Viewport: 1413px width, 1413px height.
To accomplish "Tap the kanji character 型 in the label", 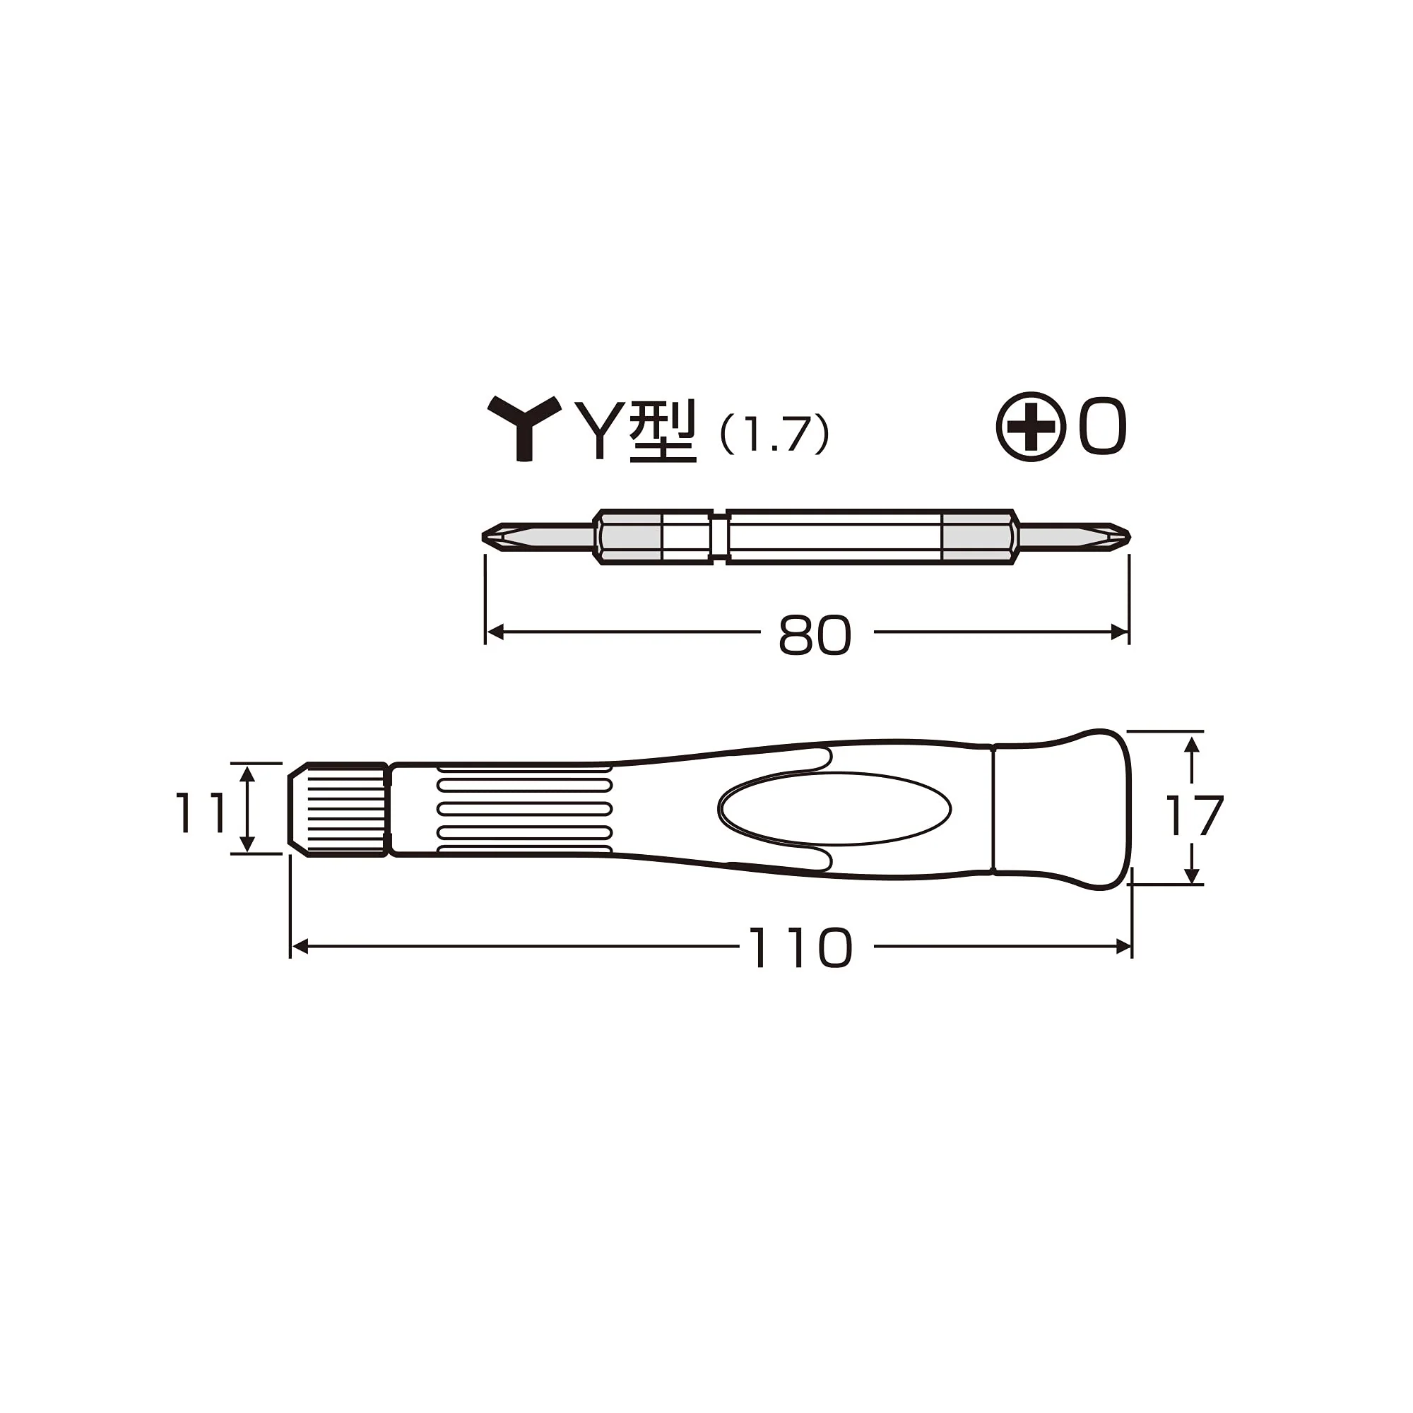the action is point(663,432).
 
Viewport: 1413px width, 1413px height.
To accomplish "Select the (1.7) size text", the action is point(774,434).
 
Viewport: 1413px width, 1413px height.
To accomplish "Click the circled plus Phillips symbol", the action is point(1031,427).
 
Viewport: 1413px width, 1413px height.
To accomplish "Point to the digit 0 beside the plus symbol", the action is point(1102,427).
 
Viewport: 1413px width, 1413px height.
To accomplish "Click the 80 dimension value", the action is point(815,635).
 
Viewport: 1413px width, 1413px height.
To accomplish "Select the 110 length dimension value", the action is point(800,948).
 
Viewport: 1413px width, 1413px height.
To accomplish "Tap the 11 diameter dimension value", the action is point(200,812).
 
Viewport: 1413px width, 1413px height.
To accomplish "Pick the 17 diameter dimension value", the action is point(1193,816).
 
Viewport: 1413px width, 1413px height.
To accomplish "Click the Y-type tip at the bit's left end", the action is point(538,537).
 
